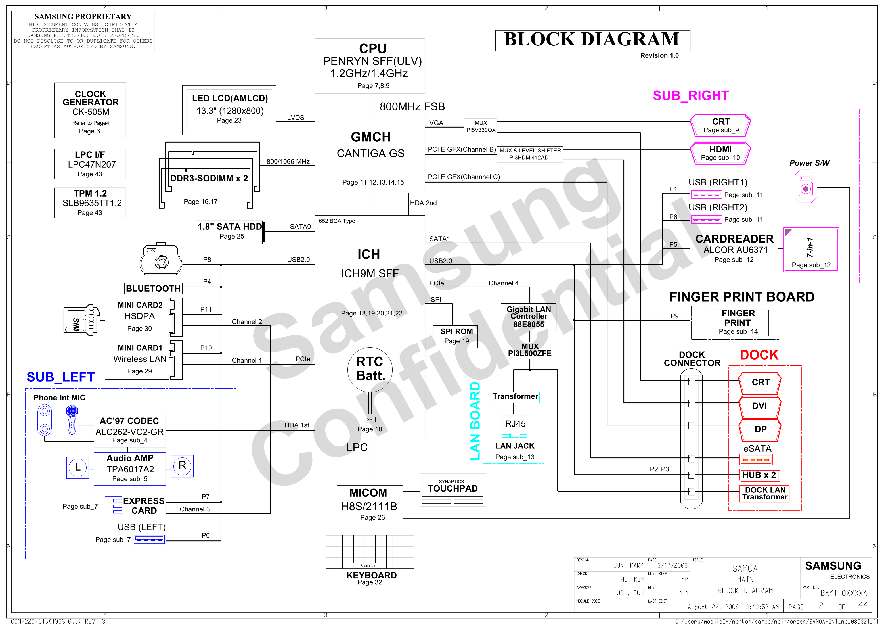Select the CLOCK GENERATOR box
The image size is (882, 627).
click(x=90, y=110)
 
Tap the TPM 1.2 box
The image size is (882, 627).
click(x=90, y=203)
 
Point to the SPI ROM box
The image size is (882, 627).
click(x=455, y=336)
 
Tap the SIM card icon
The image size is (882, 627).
click(x=81, y=320)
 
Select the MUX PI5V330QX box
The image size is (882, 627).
click(x=480, y=127)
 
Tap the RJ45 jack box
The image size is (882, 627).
click(x=515, y=426)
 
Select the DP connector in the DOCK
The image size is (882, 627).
click(x=759, y=429)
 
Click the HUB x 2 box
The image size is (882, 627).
click(x=759, y=475)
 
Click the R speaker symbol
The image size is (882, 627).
click(x=182, y=466)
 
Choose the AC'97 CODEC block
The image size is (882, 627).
click(x=130, y=430)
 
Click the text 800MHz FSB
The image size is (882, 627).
click(x=412, y=106)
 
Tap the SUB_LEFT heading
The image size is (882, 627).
click(x=60, y=377)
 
